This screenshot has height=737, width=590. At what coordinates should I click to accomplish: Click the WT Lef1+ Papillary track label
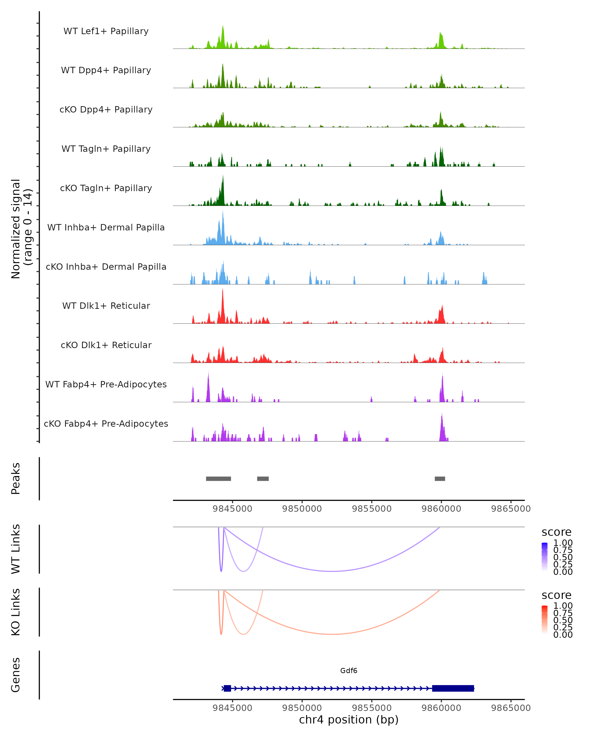[106, 31]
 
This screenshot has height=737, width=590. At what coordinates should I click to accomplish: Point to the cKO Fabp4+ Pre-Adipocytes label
[106, 424]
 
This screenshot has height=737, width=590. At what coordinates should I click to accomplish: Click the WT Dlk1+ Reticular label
[106, 306]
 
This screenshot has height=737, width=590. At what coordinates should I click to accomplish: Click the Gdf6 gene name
[349, 671]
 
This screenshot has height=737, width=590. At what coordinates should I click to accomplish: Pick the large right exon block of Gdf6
[453, 688]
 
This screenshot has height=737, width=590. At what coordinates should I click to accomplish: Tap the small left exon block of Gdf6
[227, 688]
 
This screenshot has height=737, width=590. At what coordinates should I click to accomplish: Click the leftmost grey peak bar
[218, 479]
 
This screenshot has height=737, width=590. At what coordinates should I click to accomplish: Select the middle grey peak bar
[263, 479]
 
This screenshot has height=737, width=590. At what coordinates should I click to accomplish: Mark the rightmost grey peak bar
[440, 479]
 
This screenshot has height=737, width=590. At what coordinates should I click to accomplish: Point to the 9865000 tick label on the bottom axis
[511, 708]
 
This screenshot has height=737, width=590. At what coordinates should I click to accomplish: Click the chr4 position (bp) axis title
[349, 720]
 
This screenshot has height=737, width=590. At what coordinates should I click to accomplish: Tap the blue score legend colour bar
[545, 556]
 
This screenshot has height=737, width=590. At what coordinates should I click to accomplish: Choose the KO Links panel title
[16, 612]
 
